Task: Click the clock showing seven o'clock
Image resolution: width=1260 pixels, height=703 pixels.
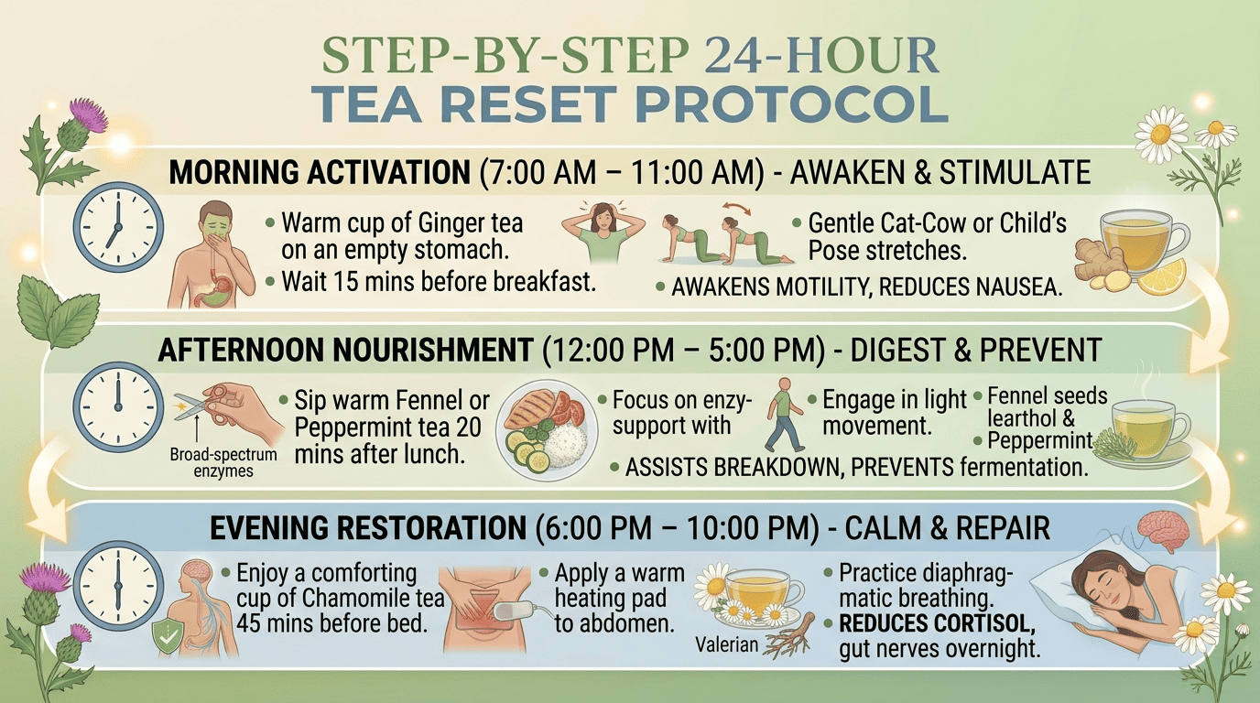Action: coord(118,227)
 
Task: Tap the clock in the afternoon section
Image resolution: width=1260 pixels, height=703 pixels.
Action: coord(118,406)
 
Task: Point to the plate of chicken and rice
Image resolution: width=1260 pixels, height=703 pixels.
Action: coord(546,430)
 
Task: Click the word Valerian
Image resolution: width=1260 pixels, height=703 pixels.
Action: coord(727,644)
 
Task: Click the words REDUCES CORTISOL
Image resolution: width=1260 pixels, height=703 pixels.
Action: coord(937,623)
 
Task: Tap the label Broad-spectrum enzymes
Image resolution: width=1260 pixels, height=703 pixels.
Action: coord(223,462)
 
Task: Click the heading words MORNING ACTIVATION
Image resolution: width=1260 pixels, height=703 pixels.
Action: coord(320,172)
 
